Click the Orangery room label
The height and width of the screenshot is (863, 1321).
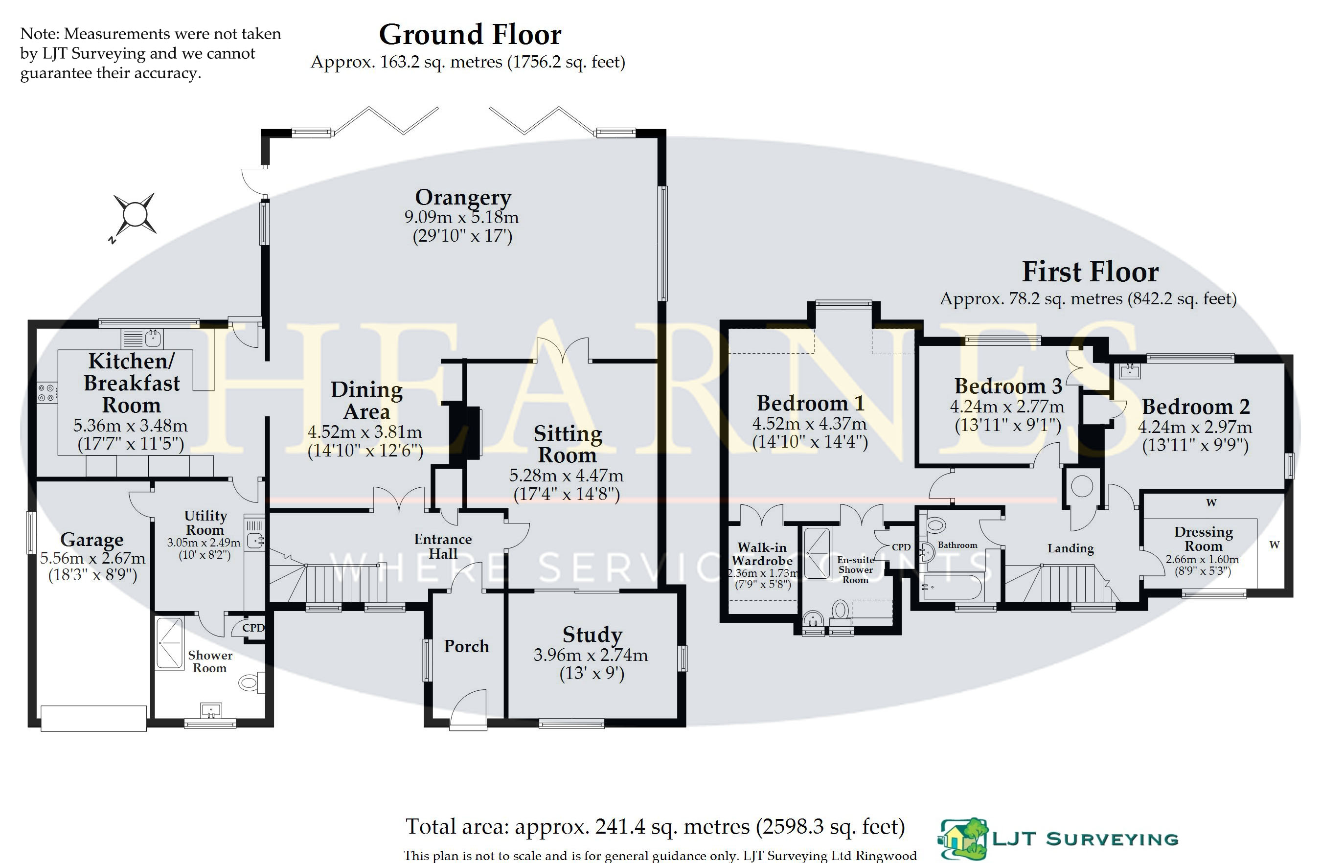pos(463,198)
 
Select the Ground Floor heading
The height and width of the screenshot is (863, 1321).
pos(470,34)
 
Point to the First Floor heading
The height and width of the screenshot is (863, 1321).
pos(1090,272)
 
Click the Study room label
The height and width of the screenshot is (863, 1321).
pos(592,635)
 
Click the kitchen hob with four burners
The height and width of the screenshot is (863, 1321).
pos(47,392)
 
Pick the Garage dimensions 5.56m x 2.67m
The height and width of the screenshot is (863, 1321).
pos(92,558)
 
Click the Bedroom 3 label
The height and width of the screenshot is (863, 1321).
pos(1008,386)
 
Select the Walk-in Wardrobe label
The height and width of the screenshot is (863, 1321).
pos(762,554)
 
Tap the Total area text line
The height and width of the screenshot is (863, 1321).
pos(656,827)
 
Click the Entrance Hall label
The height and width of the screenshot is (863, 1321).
pos(443,546)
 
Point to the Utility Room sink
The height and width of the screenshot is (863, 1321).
pos(255,540)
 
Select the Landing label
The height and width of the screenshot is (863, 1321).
pos(1070,549)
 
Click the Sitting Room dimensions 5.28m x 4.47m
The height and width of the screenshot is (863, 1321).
pos(566,476)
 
